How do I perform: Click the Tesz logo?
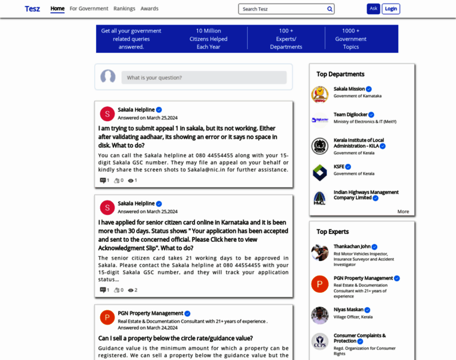pyautogui.click(x=32, y=9)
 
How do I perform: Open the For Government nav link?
pyautogui.click(x=89, y=9)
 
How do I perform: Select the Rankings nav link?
pyautogui.click(x=124, y=9)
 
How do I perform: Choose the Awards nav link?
pyautogui.click(x=149, y=9)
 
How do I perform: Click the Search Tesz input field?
pyautogui.click(x=282, y=9)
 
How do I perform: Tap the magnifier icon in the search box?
pyautogui.click(x=329, y=9)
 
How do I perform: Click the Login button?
pyautogui.click(x=391, y=9)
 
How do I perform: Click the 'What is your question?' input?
pyautogui.click(x=204, y=77)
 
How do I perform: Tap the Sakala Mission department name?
pyautogui.click(x=349, y=89)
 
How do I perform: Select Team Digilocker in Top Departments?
pyautogui.click(x=350, y=115)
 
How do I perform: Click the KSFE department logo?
pyautogui.click(x=320, y=173)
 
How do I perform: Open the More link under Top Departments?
pyautogui.click(x=403, y=211)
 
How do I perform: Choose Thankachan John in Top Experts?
pyautogui.click(x=352, y=247)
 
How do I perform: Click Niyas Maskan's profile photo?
pyautogui.click(x=320, y=315)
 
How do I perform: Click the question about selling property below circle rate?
pyautogui.click(x=175, y=338)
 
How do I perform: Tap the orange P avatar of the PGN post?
pyautogui.click(x=107, y=317)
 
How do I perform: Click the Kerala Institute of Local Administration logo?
pyautogui.click(x=320, y=146)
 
